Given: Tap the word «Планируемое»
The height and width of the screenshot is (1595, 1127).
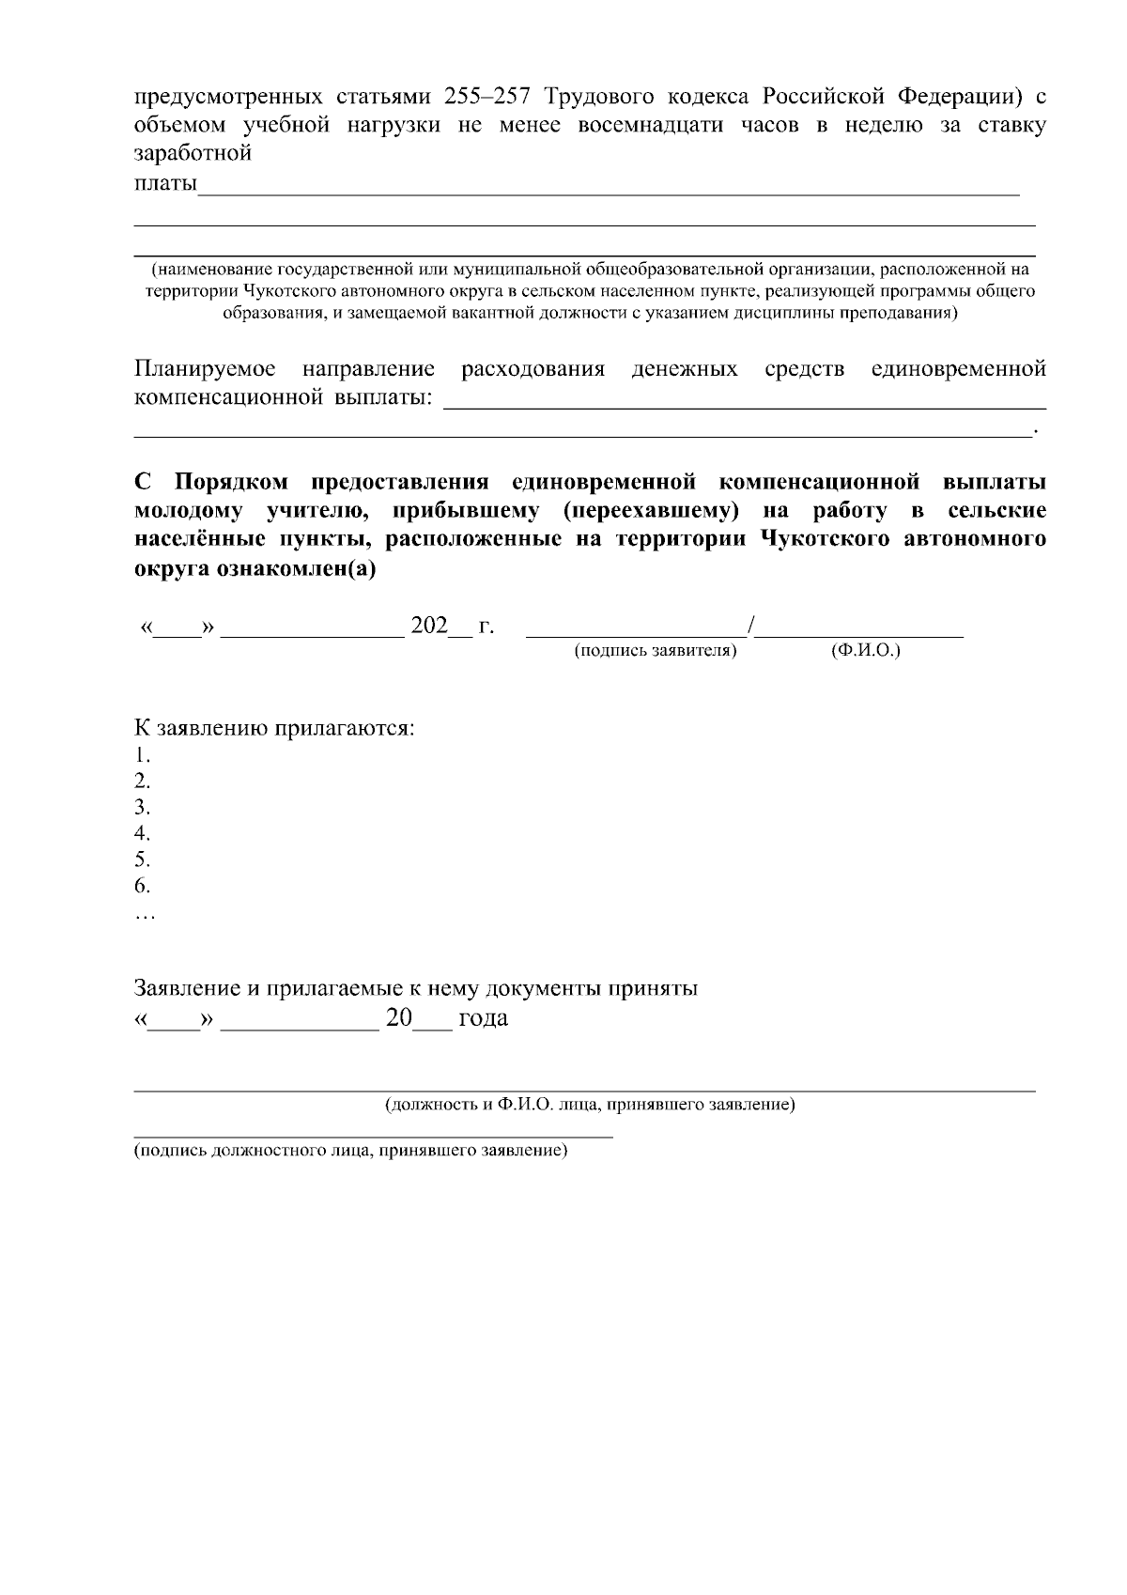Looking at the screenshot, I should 205,368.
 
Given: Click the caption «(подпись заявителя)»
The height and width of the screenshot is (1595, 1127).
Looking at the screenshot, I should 655,650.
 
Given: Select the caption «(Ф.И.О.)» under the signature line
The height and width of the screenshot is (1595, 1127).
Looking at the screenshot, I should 865,650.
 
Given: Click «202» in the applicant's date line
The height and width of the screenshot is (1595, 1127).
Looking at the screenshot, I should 429,626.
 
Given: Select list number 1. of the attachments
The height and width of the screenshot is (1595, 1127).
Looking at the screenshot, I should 142,755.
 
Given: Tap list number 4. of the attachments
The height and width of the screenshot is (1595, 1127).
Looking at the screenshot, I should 142,833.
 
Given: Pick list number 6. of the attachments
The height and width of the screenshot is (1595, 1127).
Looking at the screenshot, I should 142,886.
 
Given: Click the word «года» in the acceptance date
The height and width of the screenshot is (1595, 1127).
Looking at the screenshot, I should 483,1018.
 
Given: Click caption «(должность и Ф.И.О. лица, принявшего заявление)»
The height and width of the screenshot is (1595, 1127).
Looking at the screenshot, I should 590,1106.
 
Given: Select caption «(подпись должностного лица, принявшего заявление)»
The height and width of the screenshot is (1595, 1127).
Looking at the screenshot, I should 350,1151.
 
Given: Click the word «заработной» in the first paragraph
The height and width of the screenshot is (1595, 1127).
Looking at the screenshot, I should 193,153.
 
